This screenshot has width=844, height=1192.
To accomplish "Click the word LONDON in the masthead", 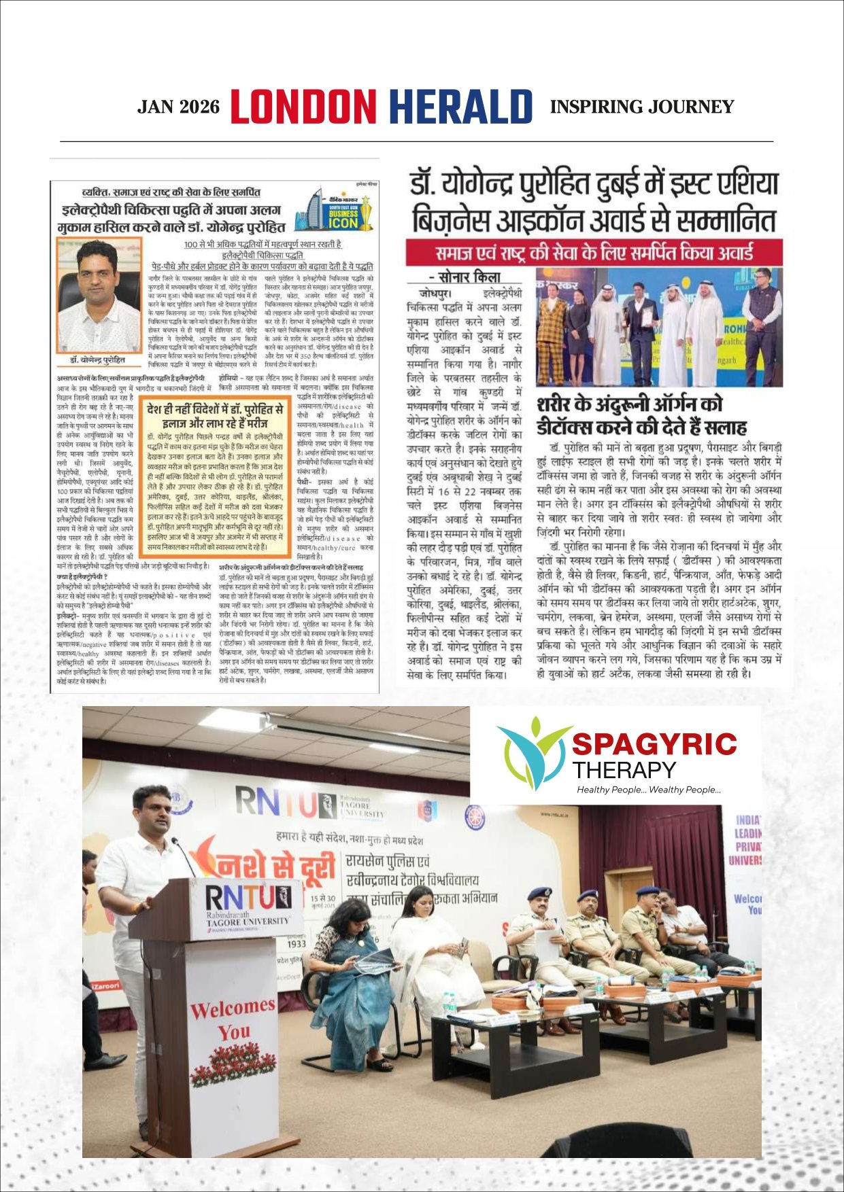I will click(x=303, y=107).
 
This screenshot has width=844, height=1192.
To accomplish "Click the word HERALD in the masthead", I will click(x=460, y=107).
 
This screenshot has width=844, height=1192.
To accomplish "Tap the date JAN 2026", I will click(x=179, y=107).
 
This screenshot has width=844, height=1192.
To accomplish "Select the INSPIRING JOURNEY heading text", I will click(x=642, y=107).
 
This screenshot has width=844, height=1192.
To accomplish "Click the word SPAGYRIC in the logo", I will click(x=654, y=744).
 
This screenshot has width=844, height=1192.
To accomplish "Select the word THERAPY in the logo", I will click(x=624, y=771).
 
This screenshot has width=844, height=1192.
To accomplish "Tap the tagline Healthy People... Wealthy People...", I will click(x=648, y=790).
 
